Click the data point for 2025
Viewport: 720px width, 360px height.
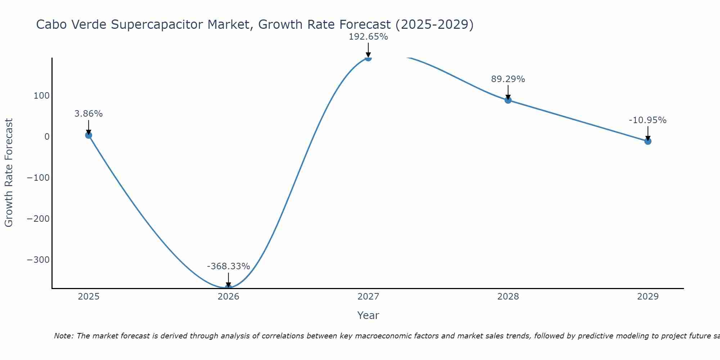[x=89, y=135]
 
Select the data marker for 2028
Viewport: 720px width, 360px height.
[x=508, y=100]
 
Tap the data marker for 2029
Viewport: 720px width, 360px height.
[x=648, y=141]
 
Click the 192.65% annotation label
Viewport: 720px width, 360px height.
[x=368, y=37]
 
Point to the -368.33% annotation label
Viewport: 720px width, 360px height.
[x=228, y=266]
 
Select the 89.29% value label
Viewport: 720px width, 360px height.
[x=508, y=79]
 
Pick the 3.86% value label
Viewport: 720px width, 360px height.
[x=89, y=114]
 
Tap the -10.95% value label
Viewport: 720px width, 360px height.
[x=648, y=120]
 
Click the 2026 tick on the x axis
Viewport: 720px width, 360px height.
[x=228, y=297]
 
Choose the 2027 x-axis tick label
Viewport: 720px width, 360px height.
[x=368, y=297]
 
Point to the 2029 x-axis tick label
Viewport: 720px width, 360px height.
[x=648, y=297]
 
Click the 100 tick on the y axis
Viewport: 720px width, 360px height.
[x=41, y=96]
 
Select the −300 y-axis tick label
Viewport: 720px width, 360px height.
[x=38, y=260]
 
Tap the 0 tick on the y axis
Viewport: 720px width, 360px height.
[x=47, y=137]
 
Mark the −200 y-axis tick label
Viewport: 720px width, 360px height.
[x=38, y=219]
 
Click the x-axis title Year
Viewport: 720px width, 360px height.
[x=368, y=315]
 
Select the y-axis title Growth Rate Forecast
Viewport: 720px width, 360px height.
[x=9, y=173]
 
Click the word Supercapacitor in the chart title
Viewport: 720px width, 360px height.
[x=157, y=24]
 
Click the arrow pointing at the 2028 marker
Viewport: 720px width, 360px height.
[x=508, y=92]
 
